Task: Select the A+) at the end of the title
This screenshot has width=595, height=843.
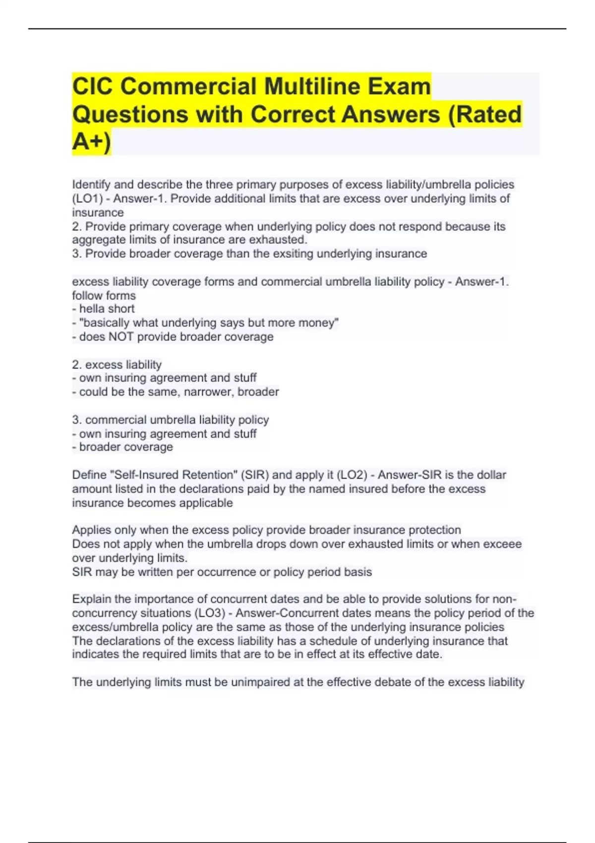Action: point(92,142)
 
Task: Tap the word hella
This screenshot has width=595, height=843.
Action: point(93,309)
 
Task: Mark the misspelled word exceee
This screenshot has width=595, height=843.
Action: point(502,544)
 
